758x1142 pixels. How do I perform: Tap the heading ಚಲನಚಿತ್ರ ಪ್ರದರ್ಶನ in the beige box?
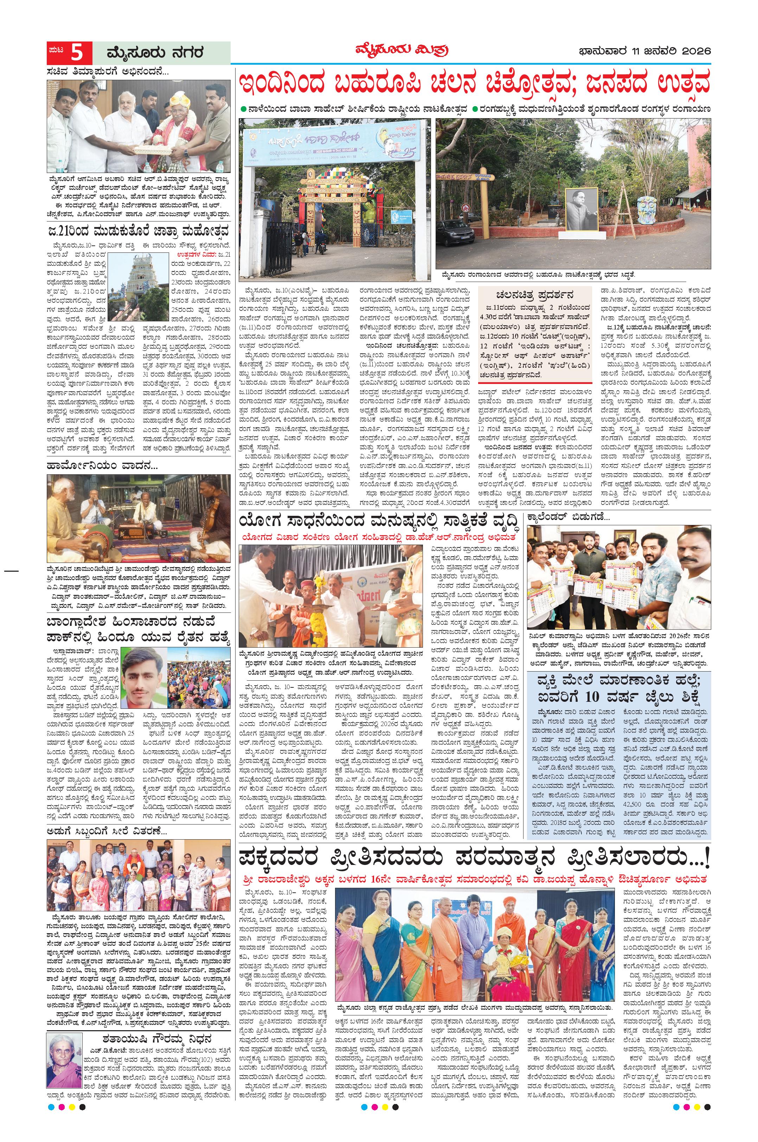534,295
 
